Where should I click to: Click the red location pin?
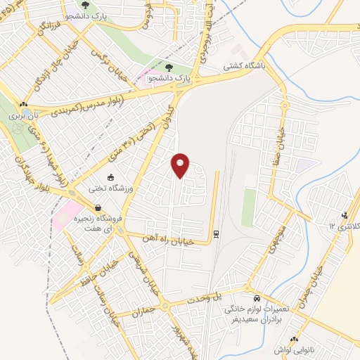coord(181,165)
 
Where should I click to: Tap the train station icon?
coord(216,234)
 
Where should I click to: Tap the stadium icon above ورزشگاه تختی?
coord(110,176)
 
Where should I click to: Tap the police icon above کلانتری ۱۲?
coord(344,216)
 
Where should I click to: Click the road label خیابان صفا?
coord(278,141)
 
